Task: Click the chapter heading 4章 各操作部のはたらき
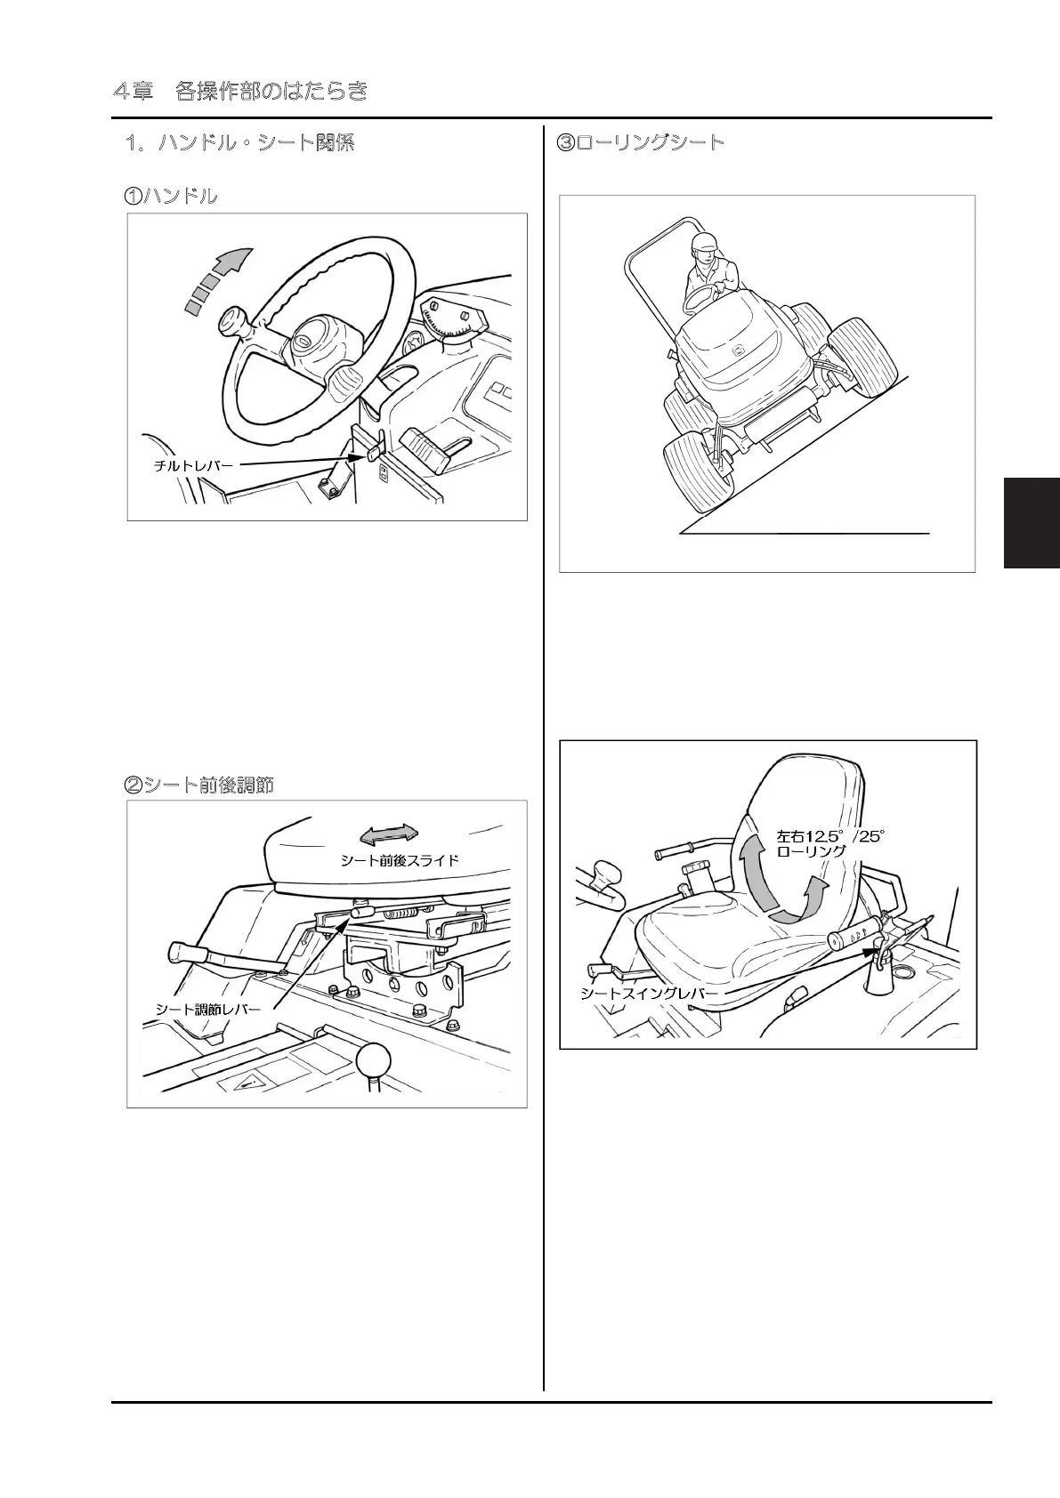point(240,92)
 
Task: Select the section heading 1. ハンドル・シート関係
point(239,143)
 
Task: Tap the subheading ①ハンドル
point(170,197)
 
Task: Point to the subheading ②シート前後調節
point(198,785)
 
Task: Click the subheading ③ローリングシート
point(640,143)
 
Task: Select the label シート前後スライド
point(400,860)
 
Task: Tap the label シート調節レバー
point(208,1009)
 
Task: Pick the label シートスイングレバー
point(648,994)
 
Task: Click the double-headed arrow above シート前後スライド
point(388,834)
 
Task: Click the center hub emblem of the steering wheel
point(303,341)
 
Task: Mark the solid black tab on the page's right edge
point(1032,522)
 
